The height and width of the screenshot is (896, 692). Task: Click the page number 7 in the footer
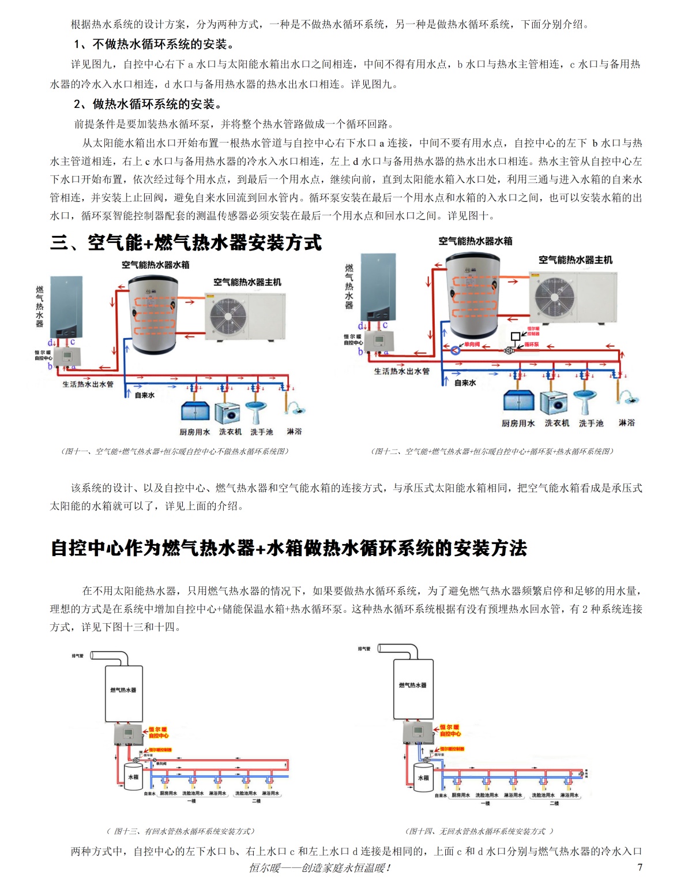[640, 867]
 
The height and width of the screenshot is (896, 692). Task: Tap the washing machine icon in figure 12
[557, 403]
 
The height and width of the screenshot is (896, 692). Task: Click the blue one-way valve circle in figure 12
[455, 350]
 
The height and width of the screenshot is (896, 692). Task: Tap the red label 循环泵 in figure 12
[531, 344]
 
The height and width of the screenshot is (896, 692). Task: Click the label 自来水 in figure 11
[145, 395]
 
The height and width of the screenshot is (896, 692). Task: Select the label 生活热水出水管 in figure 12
[401, 371]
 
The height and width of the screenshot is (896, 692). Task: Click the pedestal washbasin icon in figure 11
[256, 410]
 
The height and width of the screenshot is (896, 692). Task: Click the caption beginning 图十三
[180, 831]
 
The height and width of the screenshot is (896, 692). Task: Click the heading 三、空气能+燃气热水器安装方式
[186, 243]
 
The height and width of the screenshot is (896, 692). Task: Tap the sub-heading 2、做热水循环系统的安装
[148, 104]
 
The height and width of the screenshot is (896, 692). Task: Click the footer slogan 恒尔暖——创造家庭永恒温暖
[319, 867]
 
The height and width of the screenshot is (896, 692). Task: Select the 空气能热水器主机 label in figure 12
[575, 260]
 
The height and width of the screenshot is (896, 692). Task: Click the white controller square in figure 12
[515, 336]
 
